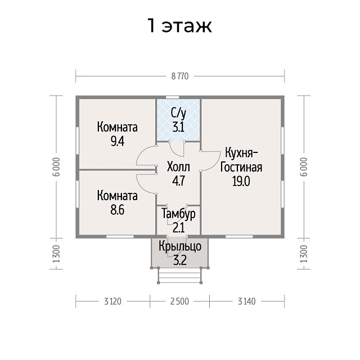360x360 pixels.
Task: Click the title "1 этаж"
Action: (x=180, y=25)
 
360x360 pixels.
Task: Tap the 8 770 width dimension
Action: (x=180, y=76)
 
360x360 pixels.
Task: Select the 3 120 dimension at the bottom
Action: (x=112, y=301)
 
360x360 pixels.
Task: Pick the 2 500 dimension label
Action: (x=180, y=301)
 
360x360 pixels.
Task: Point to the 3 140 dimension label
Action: (x=247, y=301)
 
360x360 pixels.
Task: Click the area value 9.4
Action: (x=118, y=141)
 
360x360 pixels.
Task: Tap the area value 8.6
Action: (x=118, y=210)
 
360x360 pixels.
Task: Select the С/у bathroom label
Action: (x=179, y=113)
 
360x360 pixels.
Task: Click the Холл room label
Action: (x=178, y=167)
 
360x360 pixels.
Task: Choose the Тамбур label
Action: (x=179, y=214)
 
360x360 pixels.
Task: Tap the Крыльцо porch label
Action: (x=180, y=246)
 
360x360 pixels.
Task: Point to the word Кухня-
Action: (x=241, y=154)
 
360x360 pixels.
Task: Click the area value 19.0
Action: (x=241, y=181)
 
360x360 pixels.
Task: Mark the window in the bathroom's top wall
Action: (x=173, y=97)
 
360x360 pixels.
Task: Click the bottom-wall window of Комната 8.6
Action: (x=120, y=236)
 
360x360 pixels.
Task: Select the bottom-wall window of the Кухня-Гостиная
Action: (x=239, y=236)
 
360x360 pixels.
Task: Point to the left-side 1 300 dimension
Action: (x=56, y=254)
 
